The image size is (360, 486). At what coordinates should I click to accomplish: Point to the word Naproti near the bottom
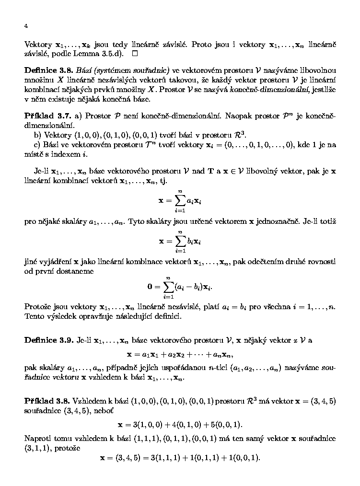coord(38,439)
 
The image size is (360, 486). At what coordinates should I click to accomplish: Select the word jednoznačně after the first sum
coord(279,222)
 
